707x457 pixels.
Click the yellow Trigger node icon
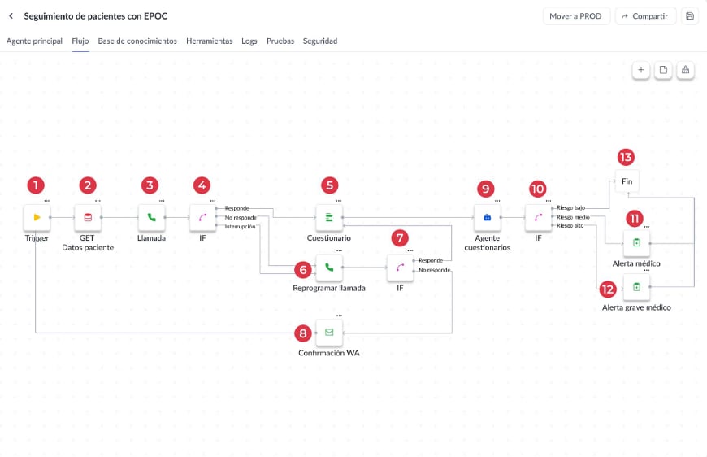point(37,217)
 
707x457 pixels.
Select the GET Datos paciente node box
point(88,217)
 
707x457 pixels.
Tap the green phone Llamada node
point(151,217)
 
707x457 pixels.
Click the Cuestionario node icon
point(329,217)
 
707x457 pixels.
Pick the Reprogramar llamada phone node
point(329,268)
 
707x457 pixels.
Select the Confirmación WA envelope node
point(329,333)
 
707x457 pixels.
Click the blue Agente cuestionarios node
point(488,217)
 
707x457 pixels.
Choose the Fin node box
point(627,181)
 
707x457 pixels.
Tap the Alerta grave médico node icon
point(636,287)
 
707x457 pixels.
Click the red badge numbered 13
point(626,157)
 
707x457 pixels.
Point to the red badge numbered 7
point(400,237)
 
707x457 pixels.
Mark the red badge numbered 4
point(202,185)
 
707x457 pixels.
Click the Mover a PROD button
point(576,16)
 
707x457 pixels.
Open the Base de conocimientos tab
point(137,41)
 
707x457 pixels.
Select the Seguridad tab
point(320,41)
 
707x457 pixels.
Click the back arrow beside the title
point(11,16)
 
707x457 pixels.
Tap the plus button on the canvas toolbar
point(640,70)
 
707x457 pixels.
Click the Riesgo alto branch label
point(570,225)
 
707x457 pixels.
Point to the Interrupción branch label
point(240,227)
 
